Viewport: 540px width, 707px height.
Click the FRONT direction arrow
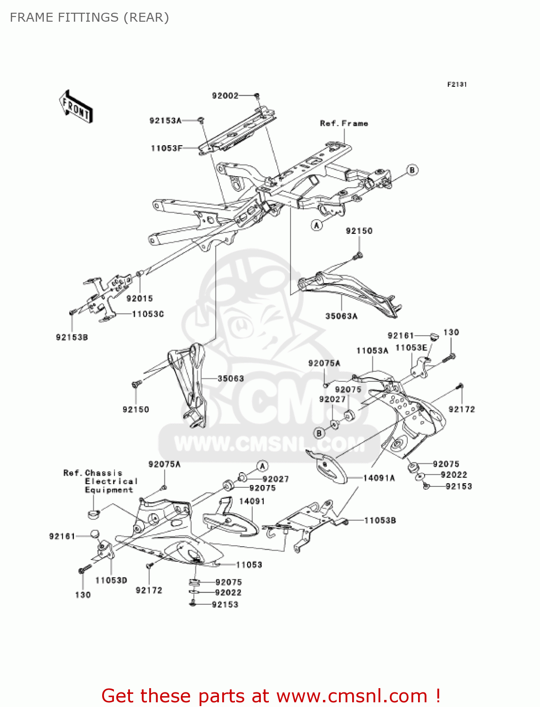(x=75, y=107)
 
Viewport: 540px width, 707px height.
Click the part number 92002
(x=225, y=96)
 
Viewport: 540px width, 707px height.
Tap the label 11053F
(x=166, y=148)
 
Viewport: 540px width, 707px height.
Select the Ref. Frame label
(x=344, y=123)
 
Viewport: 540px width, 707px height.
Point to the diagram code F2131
(x=457, y=84)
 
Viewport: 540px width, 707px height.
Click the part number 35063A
(x=341, y=316)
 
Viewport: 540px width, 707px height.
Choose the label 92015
(x=139, y=298)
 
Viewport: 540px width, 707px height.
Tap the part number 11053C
(x=148, y=314)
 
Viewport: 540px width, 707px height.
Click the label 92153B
(x=72, y=337)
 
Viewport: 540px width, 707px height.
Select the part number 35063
(x=231, y=378)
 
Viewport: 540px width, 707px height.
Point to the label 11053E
(x=411, y=348)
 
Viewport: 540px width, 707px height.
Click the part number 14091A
(x=379, y=478)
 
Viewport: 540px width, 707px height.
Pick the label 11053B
(x=380, y=520)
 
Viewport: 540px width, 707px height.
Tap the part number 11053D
(x=111, y=580)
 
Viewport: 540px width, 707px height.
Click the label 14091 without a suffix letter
(x=252, y=501)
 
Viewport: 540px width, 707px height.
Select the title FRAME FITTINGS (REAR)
(x=89, y=17)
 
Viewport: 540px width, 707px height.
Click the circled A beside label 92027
(x=263, y=467)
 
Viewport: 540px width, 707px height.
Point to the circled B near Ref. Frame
(x=412, y=170)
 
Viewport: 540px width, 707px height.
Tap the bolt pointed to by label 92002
(x=257, y=96)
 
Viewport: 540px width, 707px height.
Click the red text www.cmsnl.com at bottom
(x=352, y=696)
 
